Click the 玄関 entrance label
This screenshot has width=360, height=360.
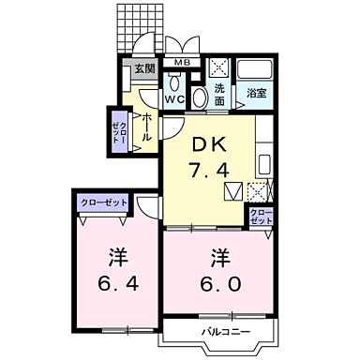pos(143,68)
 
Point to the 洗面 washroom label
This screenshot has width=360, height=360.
pos(220,93)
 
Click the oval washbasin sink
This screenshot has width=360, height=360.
pos(201,98)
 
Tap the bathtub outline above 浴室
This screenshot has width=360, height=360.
pos(253,71)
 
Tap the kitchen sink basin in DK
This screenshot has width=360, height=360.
pos(261,157)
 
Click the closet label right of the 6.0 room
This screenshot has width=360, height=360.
pos(262,217)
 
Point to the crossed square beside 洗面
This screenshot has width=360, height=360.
pos(220,68)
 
